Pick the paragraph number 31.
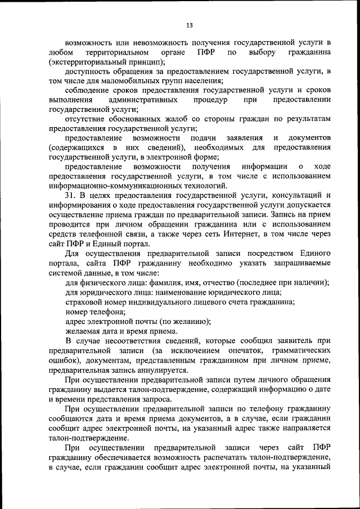[x=71, y=195]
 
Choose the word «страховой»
[x=85, y=302]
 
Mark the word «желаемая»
[x=84, y=331]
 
